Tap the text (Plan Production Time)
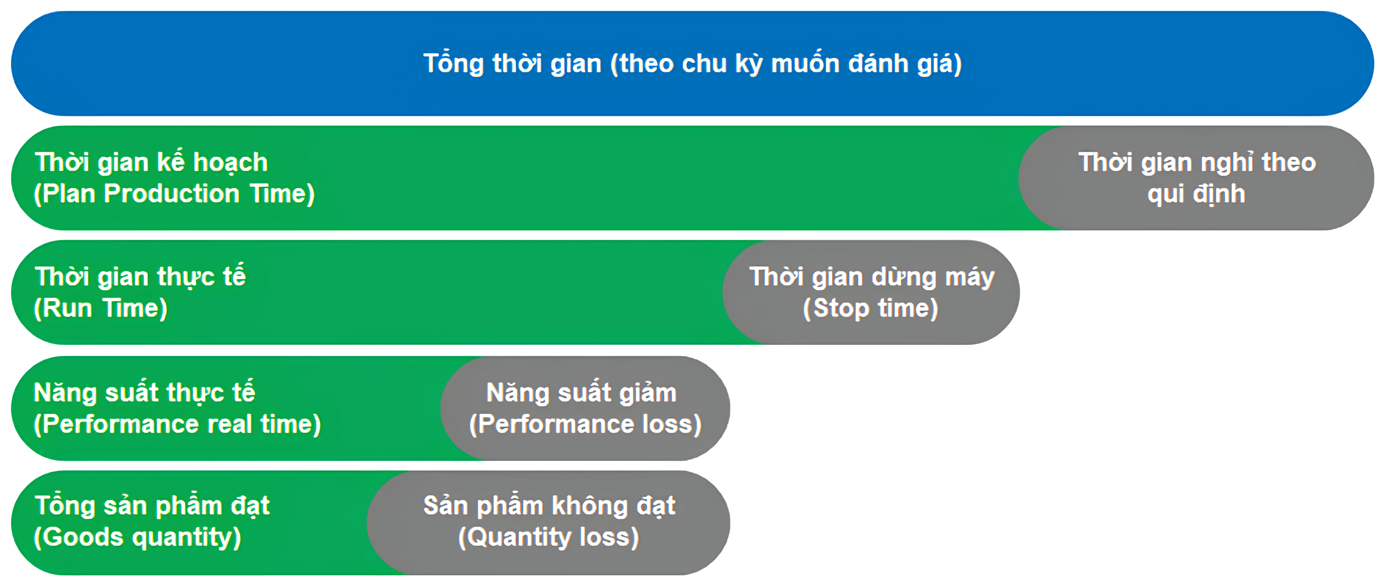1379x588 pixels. tap(174, 194)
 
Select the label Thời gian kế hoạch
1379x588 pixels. tap(152, 162)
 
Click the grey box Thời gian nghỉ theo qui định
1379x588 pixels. tap(1197, 178)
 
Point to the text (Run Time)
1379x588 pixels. tap(101, 309)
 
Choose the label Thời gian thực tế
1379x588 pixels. tap(140, 277)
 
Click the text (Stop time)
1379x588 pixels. tap(871, 309)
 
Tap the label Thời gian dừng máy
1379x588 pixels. tap(872, 277)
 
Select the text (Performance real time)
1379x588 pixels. tap(177, 425)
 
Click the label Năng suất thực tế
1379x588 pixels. tap(145, 392)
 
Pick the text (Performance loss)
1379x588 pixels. tap(585, 425)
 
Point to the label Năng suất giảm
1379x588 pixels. tap(581, 392)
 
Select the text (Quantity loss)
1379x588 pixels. tap(549, 537)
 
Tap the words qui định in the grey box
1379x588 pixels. tap(1196, 194)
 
